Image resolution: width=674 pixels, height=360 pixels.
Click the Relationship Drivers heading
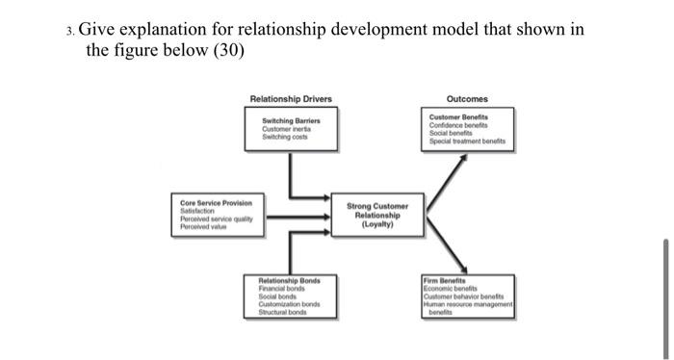pos(290,98)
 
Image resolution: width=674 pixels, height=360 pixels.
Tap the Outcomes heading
pos(467,98)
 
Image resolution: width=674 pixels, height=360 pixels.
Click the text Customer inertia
pos(289,128)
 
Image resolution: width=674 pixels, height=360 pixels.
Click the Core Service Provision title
pos(217,203)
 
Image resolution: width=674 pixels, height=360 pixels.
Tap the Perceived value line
pos(204,225)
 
